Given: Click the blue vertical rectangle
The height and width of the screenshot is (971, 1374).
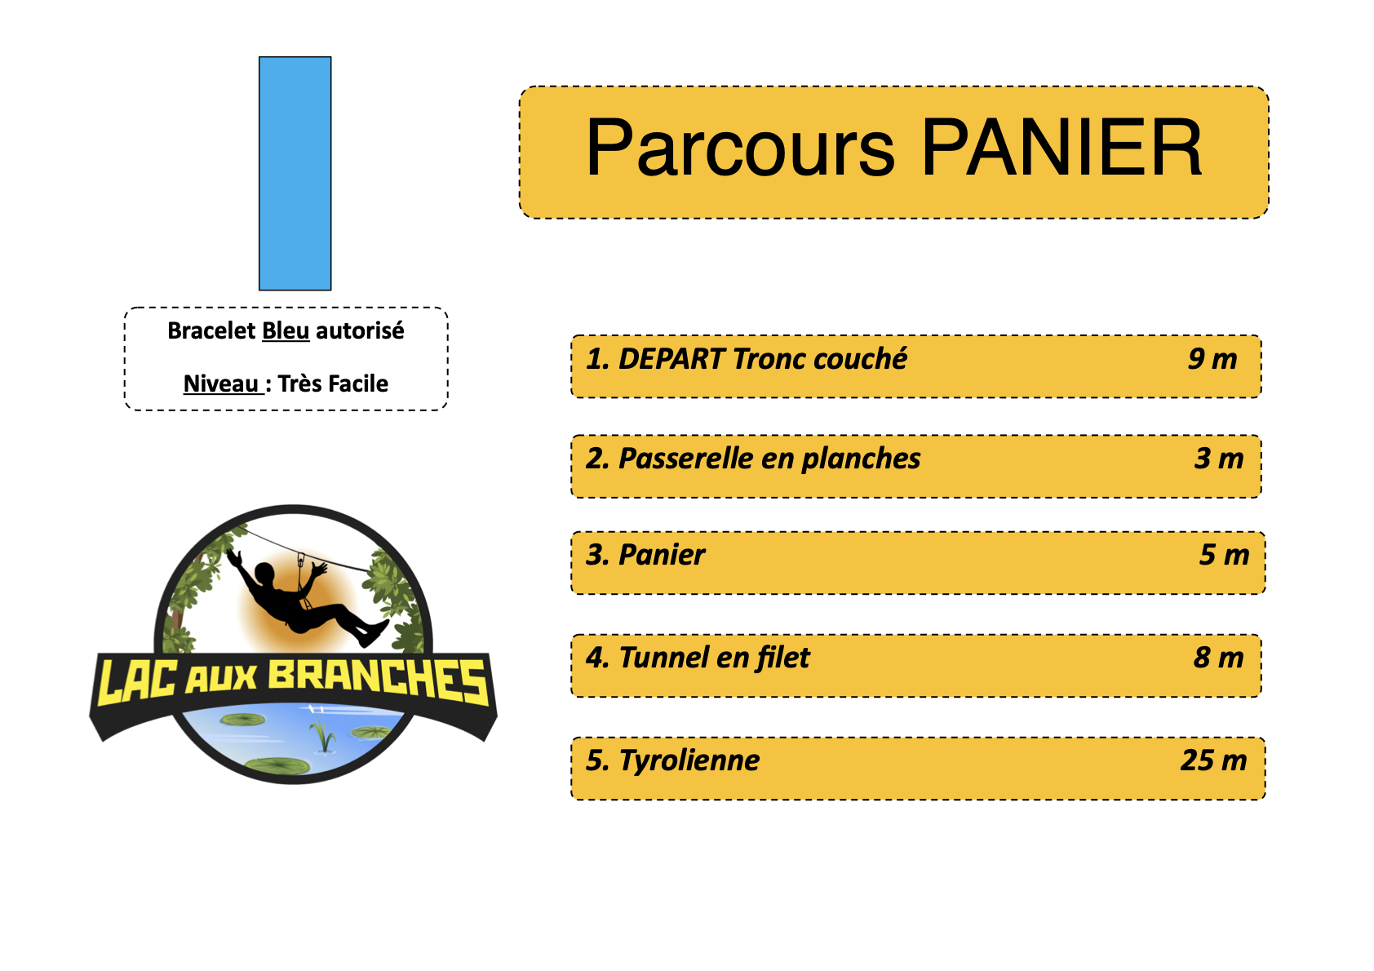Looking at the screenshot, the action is point(295,174).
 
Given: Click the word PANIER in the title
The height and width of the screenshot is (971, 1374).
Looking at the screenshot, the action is point(1062,148).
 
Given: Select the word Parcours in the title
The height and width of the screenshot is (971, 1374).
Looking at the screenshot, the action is point(740,148).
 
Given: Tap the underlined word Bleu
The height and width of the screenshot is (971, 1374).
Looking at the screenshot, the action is point(286,330).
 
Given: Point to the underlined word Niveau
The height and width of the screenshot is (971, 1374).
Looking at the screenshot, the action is point(221,384).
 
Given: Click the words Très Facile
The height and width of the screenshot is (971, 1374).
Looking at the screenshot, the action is point(333,384).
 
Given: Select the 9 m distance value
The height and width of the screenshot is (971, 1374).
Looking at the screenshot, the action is point(1212,359).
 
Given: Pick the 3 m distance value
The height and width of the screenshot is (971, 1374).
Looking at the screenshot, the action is point(1219,459).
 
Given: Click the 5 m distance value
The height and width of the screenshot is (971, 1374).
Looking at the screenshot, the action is point(1225,555).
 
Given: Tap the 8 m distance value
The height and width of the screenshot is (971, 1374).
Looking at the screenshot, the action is point(1219,658).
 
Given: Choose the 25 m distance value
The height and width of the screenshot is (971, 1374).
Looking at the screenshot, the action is point(1214,760).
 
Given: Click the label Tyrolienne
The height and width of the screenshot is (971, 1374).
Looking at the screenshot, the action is point(689,761).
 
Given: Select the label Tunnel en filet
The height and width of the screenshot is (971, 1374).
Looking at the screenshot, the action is point(715,658).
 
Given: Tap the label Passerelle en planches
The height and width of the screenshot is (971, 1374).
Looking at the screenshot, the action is point(769,459).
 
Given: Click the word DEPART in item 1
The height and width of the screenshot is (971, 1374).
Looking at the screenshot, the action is point(671,359).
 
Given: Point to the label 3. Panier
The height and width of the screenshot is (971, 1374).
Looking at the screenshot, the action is point(645,555).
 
